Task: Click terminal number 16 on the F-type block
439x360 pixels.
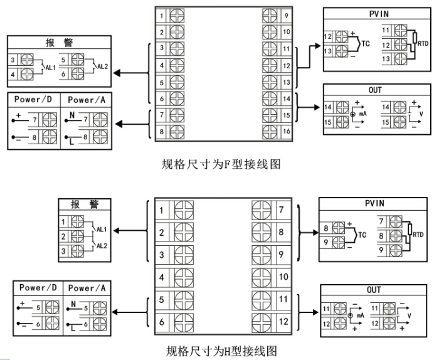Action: pyautogui.click(x=286, y=131)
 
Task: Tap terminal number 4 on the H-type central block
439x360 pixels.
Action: pyautogui.click(x=162, y=276)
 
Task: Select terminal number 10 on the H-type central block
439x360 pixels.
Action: pyautogui.click(x=284, y=276)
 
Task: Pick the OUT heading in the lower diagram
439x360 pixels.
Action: pyautogui.click(x=373, y=290)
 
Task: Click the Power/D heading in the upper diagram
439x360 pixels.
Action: pyautogui.click(x=33, y=100)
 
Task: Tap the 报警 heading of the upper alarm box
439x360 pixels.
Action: pyautogui.click(x=58, y=43)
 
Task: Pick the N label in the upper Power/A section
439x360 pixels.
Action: pyautogui.click(x=71, y=114)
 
